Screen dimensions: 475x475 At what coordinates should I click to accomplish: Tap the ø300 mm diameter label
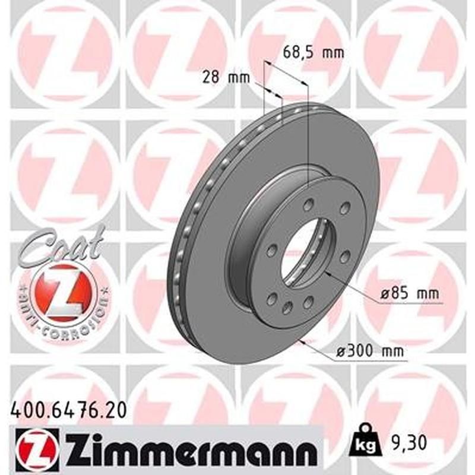[x=369, y=351]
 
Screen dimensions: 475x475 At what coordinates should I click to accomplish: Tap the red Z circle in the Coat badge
[x=64, y=290]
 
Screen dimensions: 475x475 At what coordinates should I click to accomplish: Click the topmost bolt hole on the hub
[x=307, y=205]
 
